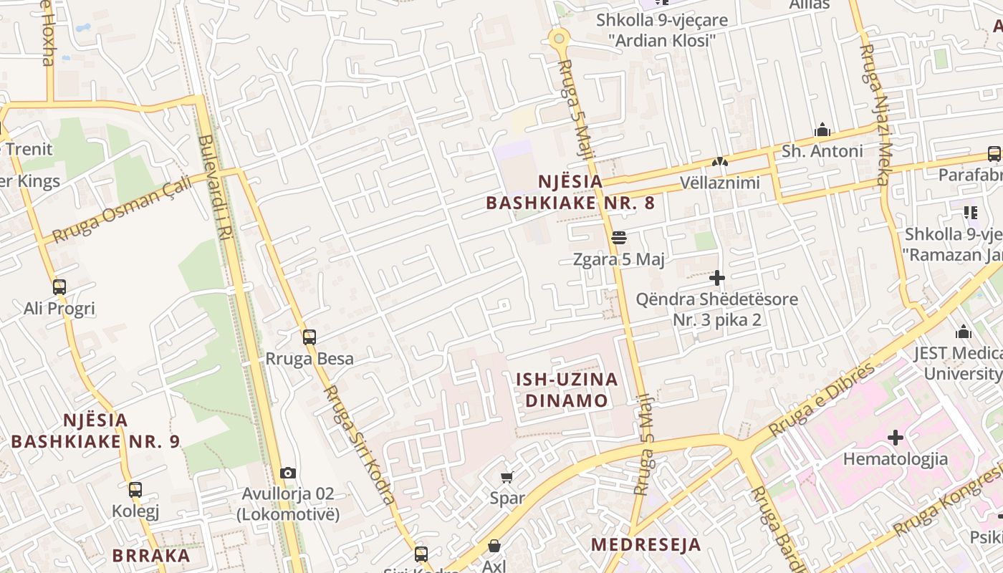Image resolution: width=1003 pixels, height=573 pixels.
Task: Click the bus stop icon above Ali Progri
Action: pyautogui.click(x=59, y=287)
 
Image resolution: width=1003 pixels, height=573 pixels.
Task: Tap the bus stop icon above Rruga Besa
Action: pyautogui.click(x=309, y=337)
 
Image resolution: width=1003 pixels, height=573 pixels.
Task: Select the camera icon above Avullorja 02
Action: pyautogui.click(x=288, y=473)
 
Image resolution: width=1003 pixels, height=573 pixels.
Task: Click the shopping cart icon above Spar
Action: pyautogui.click(x=507, y=477)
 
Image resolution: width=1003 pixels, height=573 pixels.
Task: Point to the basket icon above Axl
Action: pyautogui.click(x=494, y=546)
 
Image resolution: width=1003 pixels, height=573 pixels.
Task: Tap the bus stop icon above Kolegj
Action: pyautogui.click(x=135, y=490)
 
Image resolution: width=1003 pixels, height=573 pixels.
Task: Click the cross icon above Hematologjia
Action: pyautogui.click(x=895, y=437)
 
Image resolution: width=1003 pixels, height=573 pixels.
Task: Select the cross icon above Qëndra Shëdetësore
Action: pyautogui.click(x=717, y=278)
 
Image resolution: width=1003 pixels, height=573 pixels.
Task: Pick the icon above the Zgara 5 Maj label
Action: pyautogui.click(x=619, y=238)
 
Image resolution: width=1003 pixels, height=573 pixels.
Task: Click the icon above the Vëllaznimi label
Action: pyautogui.click(x=719, y=163)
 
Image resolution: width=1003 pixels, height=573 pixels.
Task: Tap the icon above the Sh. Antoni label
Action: pyautogui.click(x=822, y=130)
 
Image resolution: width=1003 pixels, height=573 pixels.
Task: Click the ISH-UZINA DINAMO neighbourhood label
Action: pyautogui.click(x=567, y=390)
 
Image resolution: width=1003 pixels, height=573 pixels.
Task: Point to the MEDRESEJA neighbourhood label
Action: pyautogui.click(x=646, y=544)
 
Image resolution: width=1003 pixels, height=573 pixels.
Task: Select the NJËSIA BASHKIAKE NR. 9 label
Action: pyautogui.click(x=95, y=430)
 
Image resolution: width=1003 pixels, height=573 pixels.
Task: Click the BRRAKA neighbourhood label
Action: pyautogui.click(x=151, y=555)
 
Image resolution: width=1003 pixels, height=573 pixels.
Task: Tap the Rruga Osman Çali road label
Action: pyautogui.click(x=122, y=208)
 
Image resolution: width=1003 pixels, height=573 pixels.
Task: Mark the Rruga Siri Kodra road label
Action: pyautogui.click(x=359, y=445)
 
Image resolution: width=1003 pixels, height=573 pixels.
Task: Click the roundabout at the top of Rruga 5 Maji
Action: pyautogui.click(x=559, y=37)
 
